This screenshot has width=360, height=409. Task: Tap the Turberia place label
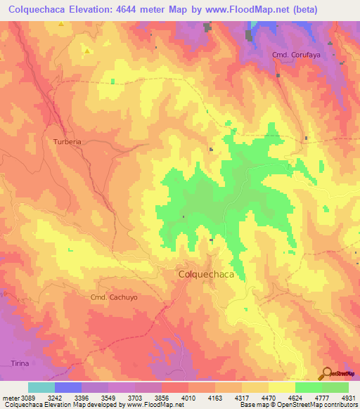click(67, 141)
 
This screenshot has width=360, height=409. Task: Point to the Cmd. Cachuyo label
click(114, 297)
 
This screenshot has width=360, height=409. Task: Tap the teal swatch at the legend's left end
click(41, 387)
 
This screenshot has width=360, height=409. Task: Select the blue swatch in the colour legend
click(68, 387)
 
